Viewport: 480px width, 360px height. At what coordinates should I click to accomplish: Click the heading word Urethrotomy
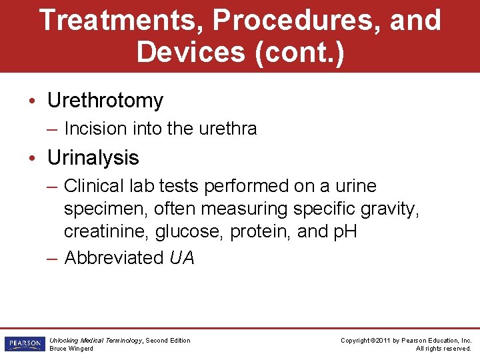tap(105, 101)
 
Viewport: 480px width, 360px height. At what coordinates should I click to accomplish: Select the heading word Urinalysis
tap(93, 158)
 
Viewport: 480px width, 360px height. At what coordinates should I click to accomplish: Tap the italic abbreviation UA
tap(182, 258)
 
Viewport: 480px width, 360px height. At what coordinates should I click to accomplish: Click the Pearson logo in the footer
tap(23, 344)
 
